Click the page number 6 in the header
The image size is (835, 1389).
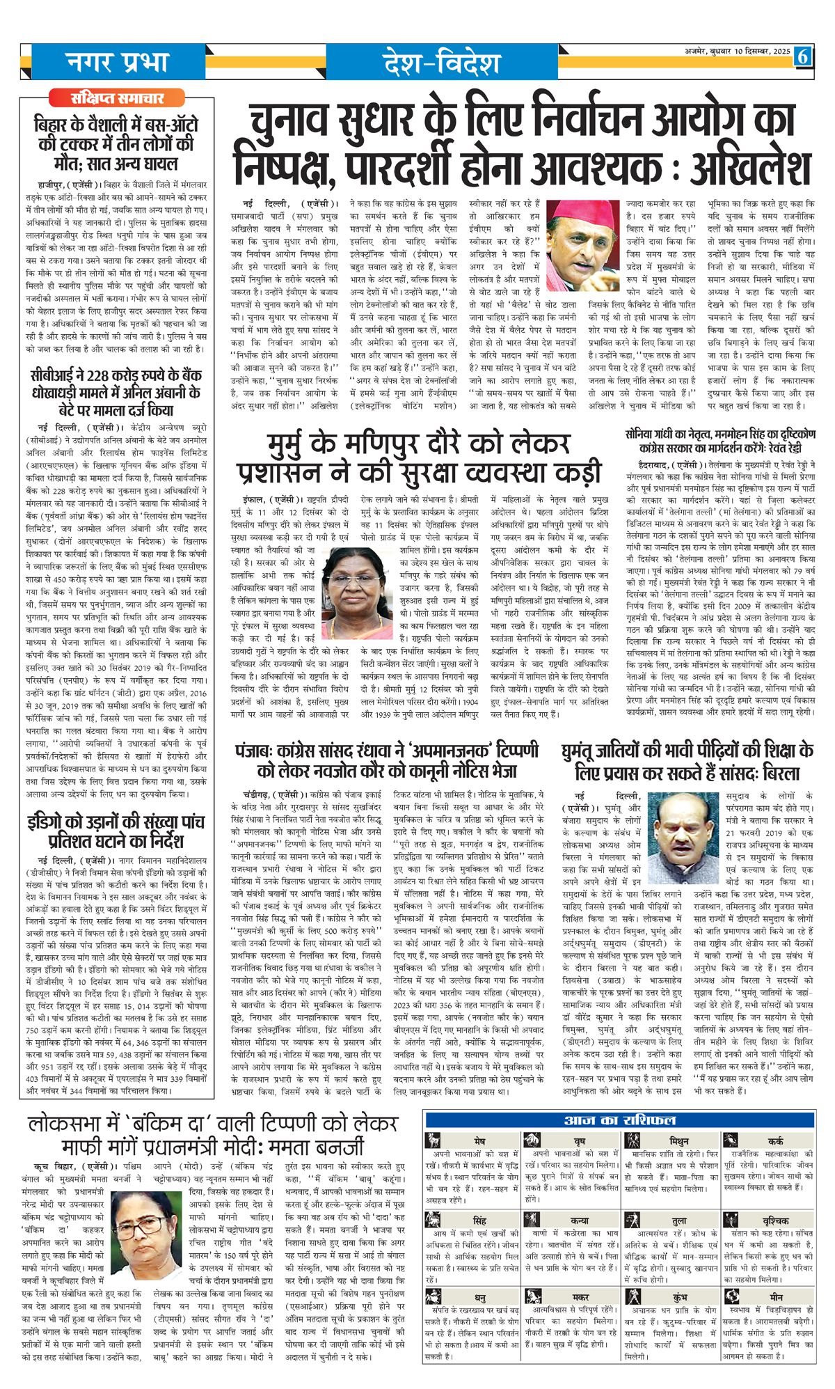[802, 56]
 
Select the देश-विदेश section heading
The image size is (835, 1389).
[441, 63]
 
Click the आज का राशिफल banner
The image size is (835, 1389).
[619, 1120]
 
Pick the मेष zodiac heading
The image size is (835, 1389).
[479, 1142]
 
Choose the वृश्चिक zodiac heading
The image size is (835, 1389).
[775, 1221]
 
